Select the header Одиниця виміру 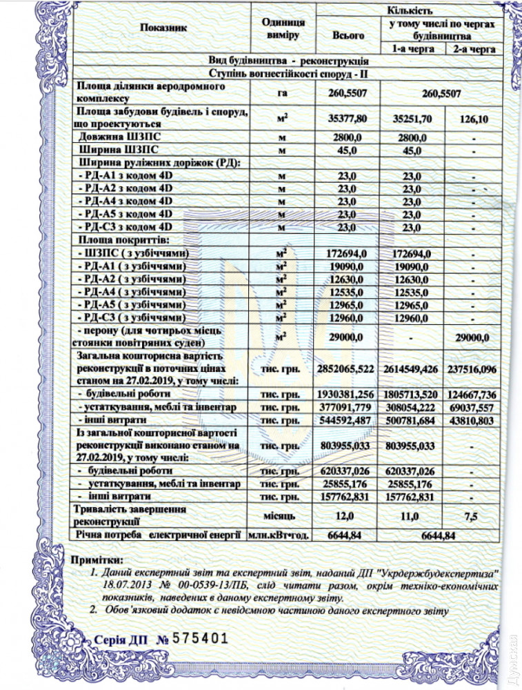point(280,28)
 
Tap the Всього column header point(348,34)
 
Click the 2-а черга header point(474,49)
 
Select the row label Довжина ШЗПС point(114,137)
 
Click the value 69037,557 point(473,407)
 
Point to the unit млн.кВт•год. point(279,534)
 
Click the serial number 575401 point(200,638)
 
